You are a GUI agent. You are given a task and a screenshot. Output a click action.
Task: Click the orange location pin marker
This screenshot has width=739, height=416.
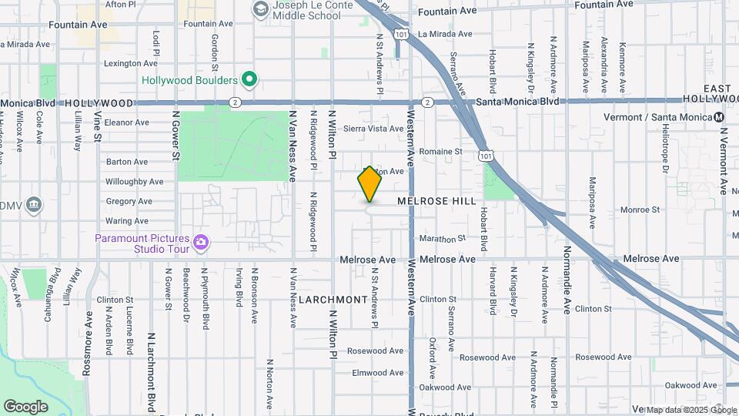[369, 184]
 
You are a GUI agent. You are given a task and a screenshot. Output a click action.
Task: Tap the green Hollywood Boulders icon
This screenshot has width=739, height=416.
[249, 79]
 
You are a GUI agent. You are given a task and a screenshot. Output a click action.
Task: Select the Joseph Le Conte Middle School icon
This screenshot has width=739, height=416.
[260, 8]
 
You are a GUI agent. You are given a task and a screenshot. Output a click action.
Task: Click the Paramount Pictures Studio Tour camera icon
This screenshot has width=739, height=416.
[201, 243]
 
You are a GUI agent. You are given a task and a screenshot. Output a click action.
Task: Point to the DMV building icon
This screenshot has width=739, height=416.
[33, 204]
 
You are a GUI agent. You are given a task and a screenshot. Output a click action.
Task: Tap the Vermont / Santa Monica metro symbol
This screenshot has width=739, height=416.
[719, 117]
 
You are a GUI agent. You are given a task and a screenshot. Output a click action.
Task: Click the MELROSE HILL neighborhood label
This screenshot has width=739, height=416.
[437, 200]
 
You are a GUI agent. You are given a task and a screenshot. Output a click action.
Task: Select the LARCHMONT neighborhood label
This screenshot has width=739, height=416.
[333, 299]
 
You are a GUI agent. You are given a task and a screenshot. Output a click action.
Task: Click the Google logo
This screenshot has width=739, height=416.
[25, 407]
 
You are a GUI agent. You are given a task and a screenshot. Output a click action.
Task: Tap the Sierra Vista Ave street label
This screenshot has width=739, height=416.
[373, 129]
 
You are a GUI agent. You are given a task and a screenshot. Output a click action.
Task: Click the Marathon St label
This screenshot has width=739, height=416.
[443, 239]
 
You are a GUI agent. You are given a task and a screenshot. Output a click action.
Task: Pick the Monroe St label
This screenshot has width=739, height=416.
[640, 210]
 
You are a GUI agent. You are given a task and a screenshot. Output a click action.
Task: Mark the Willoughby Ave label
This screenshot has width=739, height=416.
[135, 182]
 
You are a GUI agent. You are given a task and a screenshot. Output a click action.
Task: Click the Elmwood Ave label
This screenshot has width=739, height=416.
[377, 373]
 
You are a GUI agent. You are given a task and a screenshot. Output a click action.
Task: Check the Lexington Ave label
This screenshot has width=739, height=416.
[125, 64]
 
